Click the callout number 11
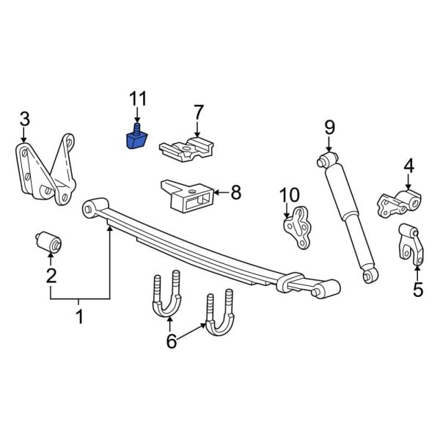tap(138, 98)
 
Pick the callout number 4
tap(408, 166)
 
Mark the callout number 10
tap(290, 195)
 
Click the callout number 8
tap(235, 193)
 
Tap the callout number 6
tap(171, 341)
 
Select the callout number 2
tap(51, 276)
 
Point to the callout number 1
tap(80, 318)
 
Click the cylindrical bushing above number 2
tap(50, 241)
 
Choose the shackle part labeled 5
tap(408, 243)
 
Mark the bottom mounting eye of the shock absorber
tap(371, 275)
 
